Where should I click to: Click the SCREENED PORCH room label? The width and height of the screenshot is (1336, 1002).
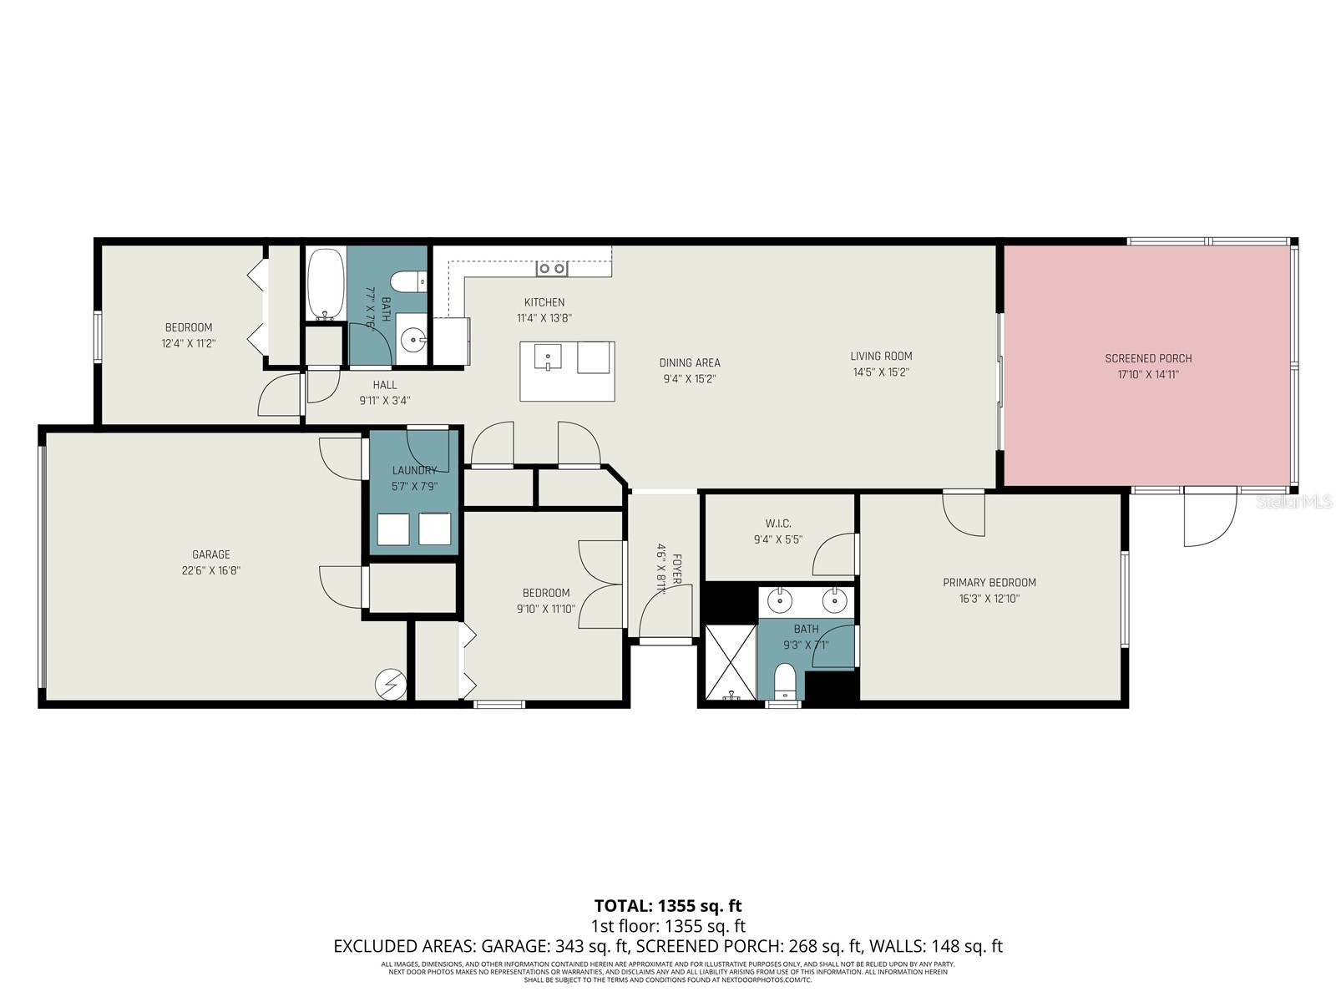pyautogui.click(x=1147, y=358)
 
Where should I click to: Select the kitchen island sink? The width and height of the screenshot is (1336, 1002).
pyautogui.click(x=548, y=357)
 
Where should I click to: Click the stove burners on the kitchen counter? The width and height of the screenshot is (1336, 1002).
pyautogui.click(x=552, y=269)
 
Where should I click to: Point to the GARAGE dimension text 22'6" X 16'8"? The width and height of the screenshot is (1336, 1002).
pyautogui.click(x=211, y=570)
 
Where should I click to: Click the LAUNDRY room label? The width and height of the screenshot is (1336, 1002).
pyautogui.click(x=414, y=470)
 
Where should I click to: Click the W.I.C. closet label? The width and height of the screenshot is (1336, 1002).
pyautogui.click(x=777, y=524)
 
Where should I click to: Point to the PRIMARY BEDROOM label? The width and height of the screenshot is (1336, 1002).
pyautogui.click(x=989, y=582)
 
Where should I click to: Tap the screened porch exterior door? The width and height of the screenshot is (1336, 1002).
pyautogui.click(x=1210, y=518)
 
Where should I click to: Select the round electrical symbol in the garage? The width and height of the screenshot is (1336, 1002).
pyautogui.click(x=389, y=684)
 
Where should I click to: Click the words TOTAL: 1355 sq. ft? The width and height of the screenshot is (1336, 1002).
pyautogui.click(x=667, y=906)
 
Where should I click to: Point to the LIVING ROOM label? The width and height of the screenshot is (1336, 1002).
pyautogui.click(x=881, y=356)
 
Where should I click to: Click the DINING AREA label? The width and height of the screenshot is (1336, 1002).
pyautogui.click(x=689, y=362)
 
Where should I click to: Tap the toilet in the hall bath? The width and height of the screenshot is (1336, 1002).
pyautogui.click(x=410, y=281)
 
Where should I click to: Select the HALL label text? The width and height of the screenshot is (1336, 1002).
pyautogui.click(x=385, y=385)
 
